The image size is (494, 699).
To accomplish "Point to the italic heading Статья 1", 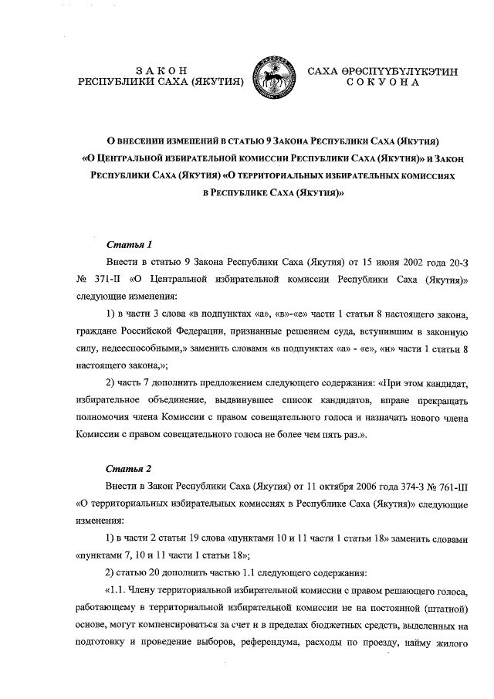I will coord(123,245).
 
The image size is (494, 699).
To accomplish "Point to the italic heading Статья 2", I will coord(123,469).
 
